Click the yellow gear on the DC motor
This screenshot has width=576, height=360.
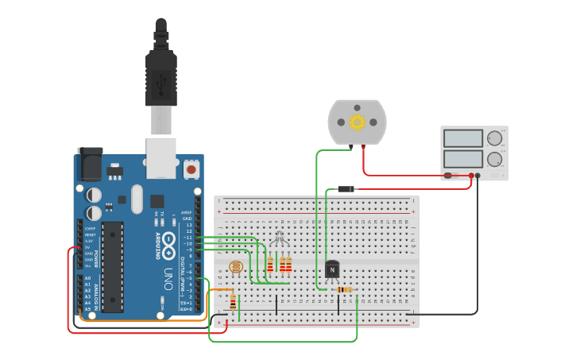click(x=357, y=122)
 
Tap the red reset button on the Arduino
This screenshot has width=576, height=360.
click(x=191, y=168)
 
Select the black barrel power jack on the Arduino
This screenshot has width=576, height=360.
click(x=90, y=165)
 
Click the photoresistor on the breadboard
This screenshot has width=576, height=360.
click(x=236, y=268)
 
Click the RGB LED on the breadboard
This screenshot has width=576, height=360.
click(x=279, y=238)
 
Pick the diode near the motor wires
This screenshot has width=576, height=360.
click(x=346, y=189)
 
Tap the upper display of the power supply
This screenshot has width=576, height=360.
click(x=463, y=138)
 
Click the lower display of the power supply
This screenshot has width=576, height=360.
click(x=463, y=159)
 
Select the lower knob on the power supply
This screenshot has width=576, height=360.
click(x=495, y=159)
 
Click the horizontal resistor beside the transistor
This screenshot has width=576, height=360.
click(x=344, y=289)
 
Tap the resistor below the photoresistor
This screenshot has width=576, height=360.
click(x=233, y=302)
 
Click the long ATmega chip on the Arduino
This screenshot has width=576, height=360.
click(x=112, y=266)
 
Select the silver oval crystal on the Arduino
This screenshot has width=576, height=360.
click(x=137, y=199)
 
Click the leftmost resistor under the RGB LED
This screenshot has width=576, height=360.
click(x=270, y=265)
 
